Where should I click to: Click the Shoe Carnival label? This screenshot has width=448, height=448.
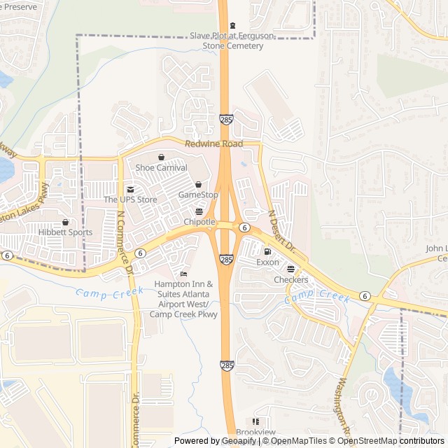click(x=162, y=168)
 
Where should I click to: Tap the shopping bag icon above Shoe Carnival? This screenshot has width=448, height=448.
click(x=162, y=157)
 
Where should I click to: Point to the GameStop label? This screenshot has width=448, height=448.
click(x=198, y=195)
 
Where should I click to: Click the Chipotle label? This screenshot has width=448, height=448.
click(x=199, y=222)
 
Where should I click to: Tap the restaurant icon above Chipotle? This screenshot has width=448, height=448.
click(x=199, y=211)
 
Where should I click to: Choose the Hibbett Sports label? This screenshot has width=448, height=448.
click(x=65, y=232)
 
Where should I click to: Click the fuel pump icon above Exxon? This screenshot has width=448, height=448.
click(x=267, y=251)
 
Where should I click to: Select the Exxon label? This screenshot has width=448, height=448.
click(x=267, y=262)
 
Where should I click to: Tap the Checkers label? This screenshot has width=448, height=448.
click(x=290, y=280)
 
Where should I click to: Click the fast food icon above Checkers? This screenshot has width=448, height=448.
click(x=290, y=269)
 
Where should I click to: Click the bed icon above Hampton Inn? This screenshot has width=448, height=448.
click(x=183, y=274)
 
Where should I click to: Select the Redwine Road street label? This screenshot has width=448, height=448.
click(x=213, y=144)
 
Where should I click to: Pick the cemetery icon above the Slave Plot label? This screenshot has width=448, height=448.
click(x=233, y=25)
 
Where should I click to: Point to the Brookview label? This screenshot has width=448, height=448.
click(x=255, y=433)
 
